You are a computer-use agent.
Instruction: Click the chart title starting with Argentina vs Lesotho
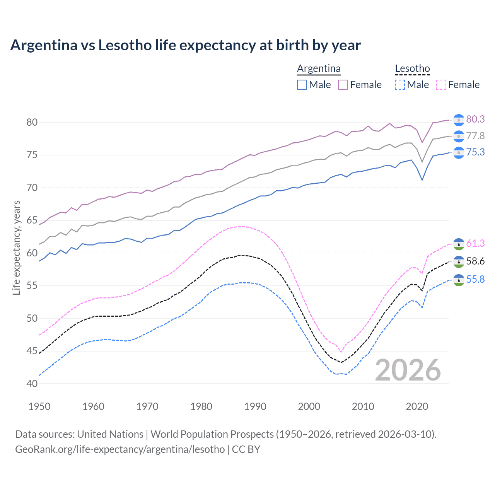[x=185, y=45]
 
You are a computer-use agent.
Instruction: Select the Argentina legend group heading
[x=319, y=69]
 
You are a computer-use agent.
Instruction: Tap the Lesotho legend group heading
[x=412, y=69]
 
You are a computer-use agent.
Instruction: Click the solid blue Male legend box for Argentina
[x=302, y=85]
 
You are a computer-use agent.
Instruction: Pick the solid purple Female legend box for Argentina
[x=343, y=85]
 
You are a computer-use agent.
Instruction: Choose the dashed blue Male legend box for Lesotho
[x=400, y=85]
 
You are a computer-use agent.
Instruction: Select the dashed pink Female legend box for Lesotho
[x=441, y=85]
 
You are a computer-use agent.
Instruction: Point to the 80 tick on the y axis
[x=32, y=123]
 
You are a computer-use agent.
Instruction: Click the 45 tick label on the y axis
[x=32, y=351]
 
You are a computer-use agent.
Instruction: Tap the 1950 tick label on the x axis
[x=39, y=406]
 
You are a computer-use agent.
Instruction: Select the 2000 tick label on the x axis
[x=309, y=406]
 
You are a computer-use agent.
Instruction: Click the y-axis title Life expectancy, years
[x=17, y=247]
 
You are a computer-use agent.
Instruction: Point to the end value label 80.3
[x=475, y=119]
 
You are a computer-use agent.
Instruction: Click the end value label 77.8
[x=475, y=136]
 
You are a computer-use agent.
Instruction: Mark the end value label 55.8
[x=475, y=280]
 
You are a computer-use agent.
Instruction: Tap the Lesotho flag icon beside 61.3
[x=459, y=244]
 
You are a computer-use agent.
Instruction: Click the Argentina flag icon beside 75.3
[x=459, y=153]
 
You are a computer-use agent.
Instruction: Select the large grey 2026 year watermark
[x=408, y=370]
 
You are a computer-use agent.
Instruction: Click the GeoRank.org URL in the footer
[x=120, y=449]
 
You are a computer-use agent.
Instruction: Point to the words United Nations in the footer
[x=110, y=434]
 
